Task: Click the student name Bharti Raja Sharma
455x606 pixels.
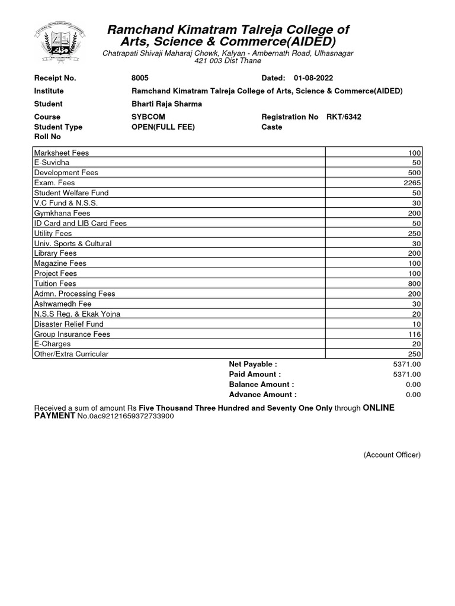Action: [166, 104]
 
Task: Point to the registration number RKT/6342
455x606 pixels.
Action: [344, 117]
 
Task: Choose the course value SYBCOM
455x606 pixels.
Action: [148, 117]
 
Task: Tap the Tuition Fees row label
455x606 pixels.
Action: [55, 283]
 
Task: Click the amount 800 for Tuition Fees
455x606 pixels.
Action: [414, 283]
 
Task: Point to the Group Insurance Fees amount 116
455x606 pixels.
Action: [414, 334]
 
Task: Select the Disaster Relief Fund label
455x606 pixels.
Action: [69, 324]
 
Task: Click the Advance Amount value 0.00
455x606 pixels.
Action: [413, 395]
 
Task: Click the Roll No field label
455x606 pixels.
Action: [47, 137]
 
